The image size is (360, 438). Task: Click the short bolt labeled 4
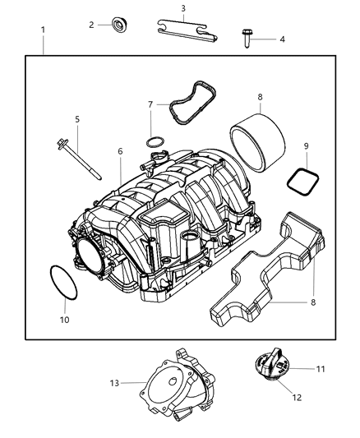(247, 36)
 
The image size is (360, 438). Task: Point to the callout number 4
(282, 39)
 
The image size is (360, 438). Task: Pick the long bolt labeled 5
(76, 156)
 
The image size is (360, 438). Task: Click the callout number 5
(76, 119)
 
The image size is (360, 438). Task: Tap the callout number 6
(120, 151)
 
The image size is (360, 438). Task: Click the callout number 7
(150, 104)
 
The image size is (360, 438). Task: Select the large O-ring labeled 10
(62, 281)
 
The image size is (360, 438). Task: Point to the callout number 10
(66, 319)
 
